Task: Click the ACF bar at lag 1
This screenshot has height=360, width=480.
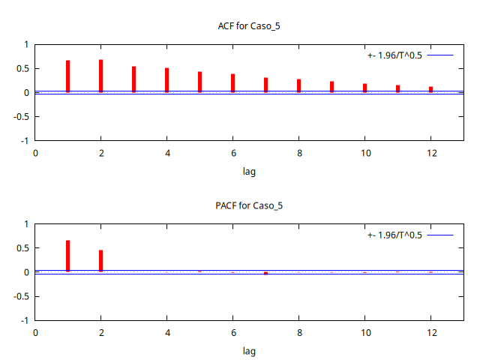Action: pyautogui.click(x=67, y=76)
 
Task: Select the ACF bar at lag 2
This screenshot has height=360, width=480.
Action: pyautogui.click(x=100, y=76)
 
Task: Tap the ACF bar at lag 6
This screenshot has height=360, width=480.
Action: pyautogui.click(x=232, y=83)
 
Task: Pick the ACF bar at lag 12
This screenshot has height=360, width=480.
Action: pyautogui.click(x=430, y=89)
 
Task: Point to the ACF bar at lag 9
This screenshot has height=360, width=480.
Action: pyautogui.click(x=331, y=87)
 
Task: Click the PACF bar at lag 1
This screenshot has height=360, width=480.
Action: pyautogui.click(x=67, y=256)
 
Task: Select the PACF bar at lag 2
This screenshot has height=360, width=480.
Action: pyautogui.click(x=100, y=260)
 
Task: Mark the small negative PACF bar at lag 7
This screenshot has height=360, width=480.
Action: pyautogui.click(x=265, y=273)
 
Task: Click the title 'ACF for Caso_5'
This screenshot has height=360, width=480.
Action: pyautogui.click(x=249, y=26)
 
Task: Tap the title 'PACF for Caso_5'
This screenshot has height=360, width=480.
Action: pyautogui.click(x=249, y=205)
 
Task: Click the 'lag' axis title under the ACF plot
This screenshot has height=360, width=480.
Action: pyautogui.click(x=249, y=172)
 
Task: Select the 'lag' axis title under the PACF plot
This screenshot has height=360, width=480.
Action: pyautogui.click(x=249, y=351)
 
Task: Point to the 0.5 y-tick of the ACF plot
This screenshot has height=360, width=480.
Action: pyautogui.click(x=21, y=68)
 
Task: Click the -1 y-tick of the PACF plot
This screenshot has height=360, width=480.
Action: pyautogui.click(x=24, y=320)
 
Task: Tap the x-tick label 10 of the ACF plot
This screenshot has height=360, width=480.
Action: pyautogui.click(x=364, y=153)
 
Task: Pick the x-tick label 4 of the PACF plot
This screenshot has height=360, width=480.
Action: pyautogui.click(x=166, y=332)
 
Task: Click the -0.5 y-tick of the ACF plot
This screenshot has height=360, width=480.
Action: pyautogui.click(x=19, y=116)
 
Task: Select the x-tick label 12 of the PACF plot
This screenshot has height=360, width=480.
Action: pyautogui.click(x=430, y=332)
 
